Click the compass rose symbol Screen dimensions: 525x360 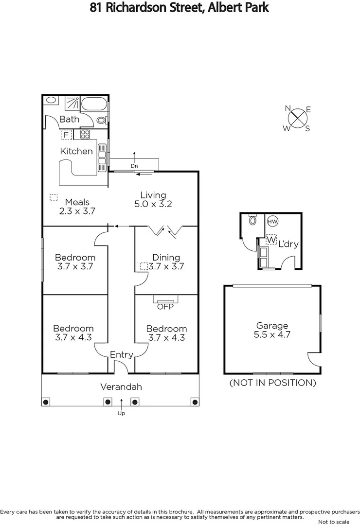297,118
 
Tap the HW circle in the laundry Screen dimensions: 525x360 272,221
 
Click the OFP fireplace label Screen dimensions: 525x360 165,306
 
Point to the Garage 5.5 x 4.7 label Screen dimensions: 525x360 272,330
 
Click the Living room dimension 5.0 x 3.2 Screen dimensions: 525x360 153,205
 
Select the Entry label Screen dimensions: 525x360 121,355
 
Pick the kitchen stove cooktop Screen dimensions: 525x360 86,135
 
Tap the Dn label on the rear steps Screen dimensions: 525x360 134,166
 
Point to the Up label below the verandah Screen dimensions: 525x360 121,413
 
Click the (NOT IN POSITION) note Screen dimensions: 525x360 272,383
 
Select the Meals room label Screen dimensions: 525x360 77,202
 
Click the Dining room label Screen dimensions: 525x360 166,258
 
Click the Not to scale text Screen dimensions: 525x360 333,522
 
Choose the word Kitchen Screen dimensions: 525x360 76,151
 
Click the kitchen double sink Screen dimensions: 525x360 102,155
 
